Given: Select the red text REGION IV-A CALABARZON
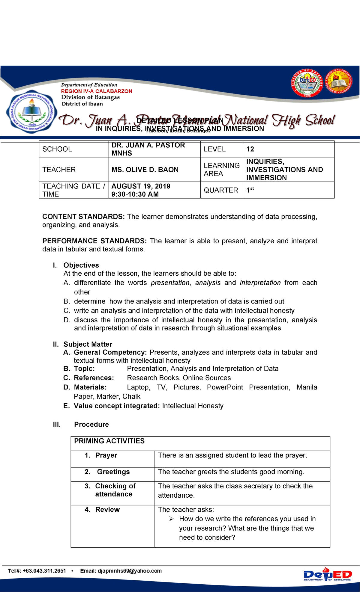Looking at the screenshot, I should coord(96,91).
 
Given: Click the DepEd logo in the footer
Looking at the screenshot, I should coord(328,575).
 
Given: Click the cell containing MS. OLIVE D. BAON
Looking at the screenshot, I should coord(145,170).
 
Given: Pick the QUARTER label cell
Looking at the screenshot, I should coord(221,190).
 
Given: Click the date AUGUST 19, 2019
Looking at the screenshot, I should coord(141,186).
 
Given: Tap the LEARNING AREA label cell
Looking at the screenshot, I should coord(221,170).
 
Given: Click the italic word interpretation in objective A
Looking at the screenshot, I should coord(260,283).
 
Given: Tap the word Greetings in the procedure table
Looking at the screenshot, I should coord(113,472).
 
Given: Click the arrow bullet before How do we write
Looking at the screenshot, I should coord(171,519).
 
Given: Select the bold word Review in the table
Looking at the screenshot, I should coord(107,510).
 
